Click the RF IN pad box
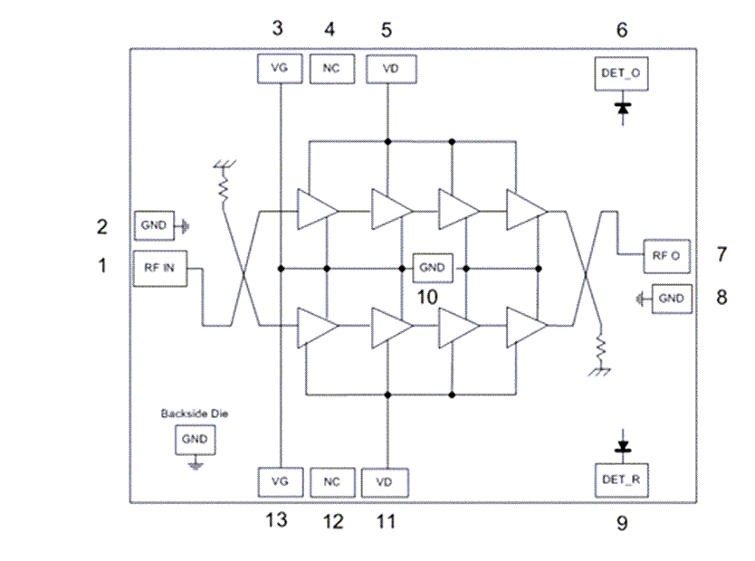(160, 268)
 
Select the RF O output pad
(666, 256)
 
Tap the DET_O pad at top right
(622, 71)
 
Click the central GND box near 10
(433, 268)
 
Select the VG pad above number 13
(280, 481)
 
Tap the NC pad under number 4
(331, 69)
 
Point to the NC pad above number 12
(331, 481)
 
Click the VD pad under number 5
(387, 69)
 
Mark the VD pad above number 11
(385, 481)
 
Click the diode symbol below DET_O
(622, 108)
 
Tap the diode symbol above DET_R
(622, 447)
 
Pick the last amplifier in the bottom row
(526, 326)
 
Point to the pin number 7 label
(722, 255)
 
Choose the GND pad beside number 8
(671, 298)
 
